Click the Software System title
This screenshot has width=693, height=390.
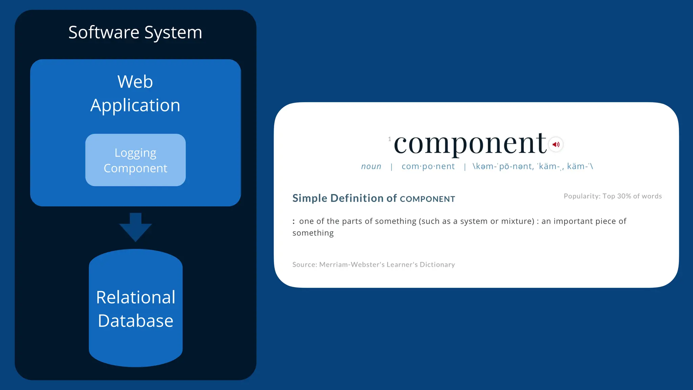click(135, 32)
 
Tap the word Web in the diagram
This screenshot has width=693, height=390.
click(135, 82)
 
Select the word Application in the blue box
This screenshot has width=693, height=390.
click(135, 105)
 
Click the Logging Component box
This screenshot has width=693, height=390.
click(135, 160)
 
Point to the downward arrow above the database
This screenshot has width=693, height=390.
click(135, 227)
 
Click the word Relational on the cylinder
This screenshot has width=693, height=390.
click(135, 297)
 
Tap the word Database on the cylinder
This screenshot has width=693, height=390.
click(135, 321)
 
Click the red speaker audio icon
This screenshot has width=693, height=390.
click(556, 145)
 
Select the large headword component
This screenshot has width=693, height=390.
click(470, 143)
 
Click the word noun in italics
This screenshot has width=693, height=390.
click(371, 166)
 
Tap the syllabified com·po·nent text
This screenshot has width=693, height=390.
click(428, 166)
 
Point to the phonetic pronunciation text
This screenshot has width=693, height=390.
click(533, 166)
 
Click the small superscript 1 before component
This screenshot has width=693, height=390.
click(389, 139)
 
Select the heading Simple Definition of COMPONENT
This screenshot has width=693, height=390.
click(374, 198)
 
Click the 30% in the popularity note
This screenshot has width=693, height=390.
click(624, 196)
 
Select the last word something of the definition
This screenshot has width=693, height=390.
click(313, 233)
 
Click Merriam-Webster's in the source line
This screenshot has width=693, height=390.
click(352, 264)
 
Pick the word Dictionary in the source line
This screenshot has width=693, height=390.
click(437, 264)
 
